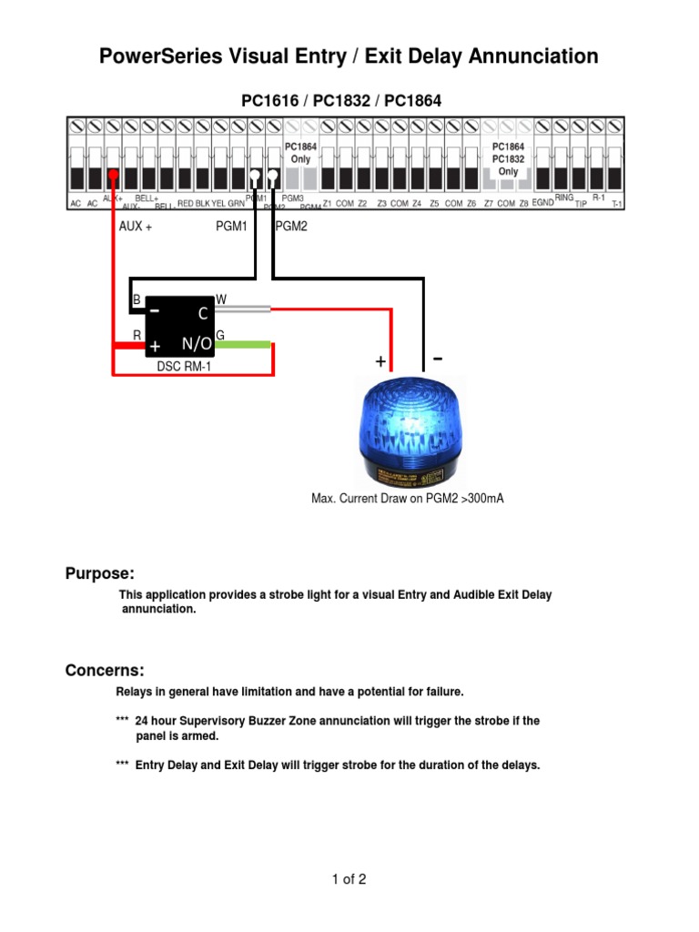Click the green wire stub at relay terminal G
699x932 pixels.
coord(243,345)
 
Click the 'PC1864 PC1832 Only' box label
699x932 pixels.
coord(508,158)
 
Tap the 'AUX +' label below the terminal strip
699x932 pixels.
coord(135,227)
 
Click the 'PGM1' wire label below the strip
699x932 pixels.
coord(231,227)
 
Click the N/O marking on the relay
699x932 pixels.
coord(197,343)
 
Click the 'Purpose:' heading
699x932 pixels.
coord(99,573)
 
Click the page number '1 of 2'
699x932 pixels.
coord(349,879)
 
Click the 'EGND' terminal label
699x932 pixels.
coord(542,203)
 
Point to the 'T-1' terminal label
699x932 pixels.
coord(617,205)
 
